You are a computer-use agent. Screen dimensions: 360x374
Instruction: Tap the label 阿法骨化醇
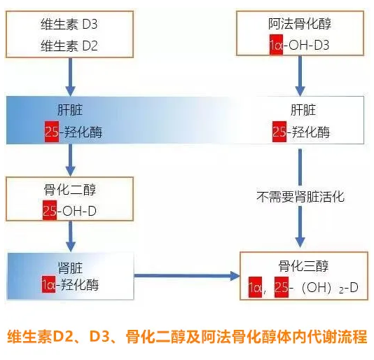tap(300, 25)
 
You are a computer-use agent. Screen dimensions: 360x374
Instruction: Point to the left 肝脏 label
tap(69, 110)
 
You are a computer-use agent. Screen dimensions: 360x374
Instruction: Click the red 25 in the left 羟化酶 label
tap(50, 131)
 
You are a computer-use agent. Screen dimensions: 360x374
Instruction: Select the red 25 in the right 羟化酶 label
tap(279, 131)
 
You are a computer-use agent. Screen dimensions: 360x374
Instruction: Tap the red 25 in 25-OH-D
tap(49, 210)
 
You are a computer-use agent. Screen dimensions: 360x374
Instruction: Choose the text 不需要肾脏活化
tap(300, 197)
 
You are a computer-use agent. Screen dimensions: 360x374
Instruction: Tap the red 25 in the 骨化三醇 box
tap(282, 287)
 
